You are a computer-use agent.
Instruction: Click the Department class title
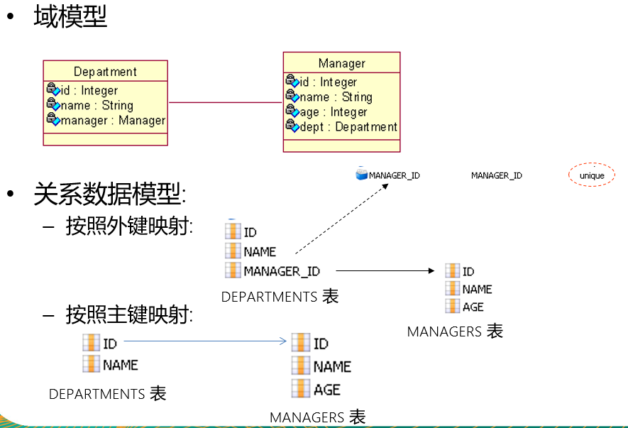(x=105, y=72)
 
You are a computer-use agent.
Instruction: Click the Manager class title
(x=341, y=63)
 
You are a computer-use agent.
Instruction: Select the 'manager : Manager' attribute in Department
(x=112, y=121)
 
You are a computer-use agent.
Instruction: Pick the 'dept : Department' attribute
(x=347, y=127)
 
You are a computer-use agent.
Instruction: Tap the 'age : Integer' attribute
(x=332, y=112)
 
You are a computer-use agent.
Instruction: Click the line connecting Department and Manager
(x=225, y=103)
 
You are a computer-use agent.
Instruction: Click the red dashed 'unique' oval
(x=591, y=175)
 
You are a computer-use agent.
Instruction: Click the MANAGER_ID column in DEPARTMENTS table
(x=280, y=271)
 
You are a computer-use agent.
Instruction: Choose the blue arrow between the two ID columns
(x=205, y=342)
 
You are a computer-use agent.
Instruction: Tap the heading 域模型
(x=70, y=16)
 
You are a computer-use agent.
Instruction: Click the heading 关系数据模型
(x=109, y=194)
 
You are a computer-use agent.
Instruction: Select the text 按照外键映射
(x=128, y=226)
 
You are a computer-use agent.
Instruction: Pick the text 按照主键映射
(x=128, y=314)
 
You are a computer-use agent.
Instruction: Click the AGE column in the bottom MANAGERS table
(x=326, y=390)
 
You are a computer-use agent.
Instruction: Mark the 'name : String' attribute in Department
(x=97, y=106)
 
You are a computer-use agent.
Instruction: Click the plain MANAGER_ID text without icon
(x=497, y=175)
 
